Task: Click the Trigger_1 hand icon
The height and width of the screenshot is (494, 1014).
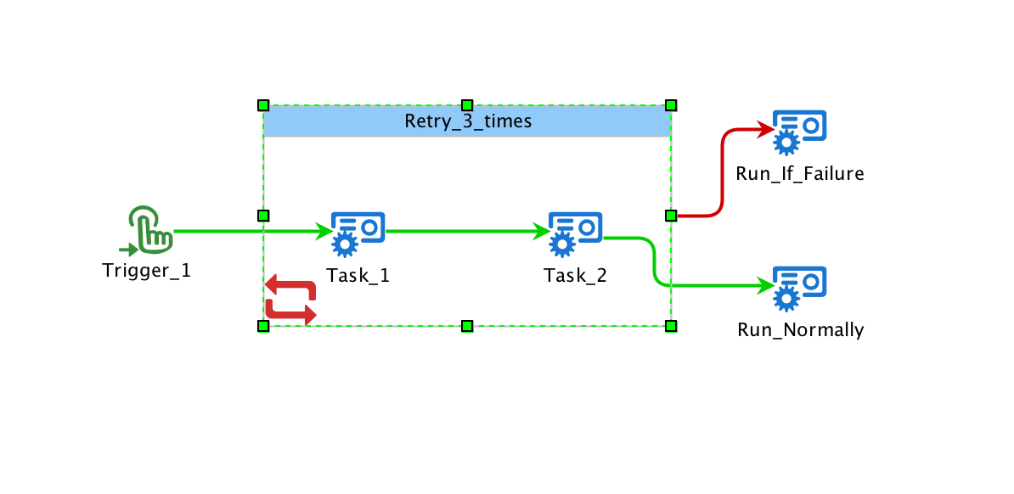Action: click(x=149, y=229)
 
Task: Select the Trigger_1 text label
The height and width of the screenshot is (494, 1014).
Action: click(x=147, y=271)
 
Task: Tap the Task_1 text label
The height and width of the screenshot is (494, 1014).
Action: click(x=358, y=276)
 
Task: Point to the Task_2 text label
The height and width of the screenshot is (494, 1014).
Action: click(x=576, y=276)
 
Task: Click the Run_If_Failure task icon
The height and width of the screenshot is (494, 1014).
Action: click(x=799, y=132)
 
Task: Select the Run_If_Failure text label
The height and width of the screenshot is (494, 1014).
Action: click(x=800, y=174)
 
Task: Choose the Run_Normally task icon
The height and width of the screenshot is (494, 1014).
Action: click(x=799, y=288)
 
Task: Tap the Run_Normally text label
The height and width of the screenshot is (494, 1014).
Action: click(x=800, y=330)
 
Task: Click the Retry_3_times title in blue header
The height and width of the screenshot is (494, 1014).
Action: click(x=467, y=121)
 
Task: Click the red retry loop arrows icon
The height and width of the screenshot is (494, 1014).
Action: click(x=290, y=300)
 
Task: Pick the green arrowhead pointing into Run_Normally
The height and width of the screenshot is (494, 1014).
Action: click(x=765, y=287)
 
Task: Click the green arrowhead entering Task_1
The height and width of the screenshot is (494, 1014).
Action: click(x=324, y=230)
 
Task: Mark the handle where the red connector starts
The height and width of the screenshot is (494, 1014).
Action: click(x=671, y=216)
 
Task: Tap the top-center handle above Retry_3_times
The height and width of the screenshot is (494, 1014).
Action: click(x=466, y=105)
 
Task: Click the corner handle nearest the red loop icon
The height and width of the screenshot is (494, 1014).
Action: click(x=263, y=326)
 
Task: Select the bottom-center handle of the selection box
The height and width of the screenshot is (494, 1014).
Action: click(x=466, y=326)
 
